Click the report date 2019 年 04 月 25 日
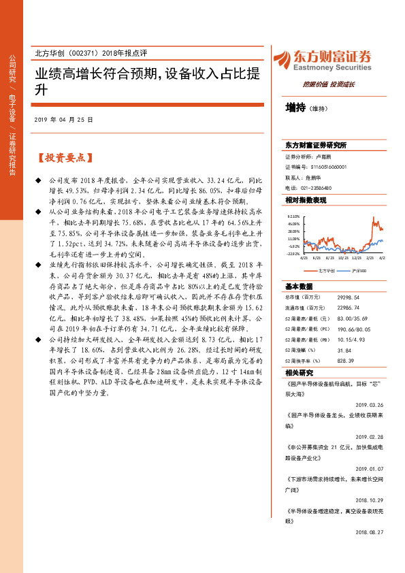[x=63, y=119]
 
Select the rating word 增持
[x=295, y=107]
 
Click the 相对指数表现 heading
[x=306, y=200]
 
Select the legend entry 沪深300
[x=358, y=270]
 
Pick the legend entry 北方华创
[x=324, y=270]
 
